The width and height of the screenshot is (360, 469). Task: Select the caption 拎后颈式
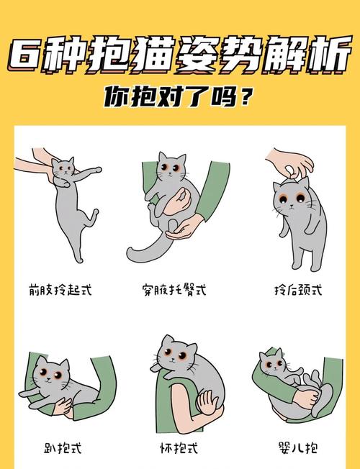tap(297, 291)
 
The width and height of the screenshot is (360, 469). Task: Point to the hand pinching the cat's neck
tap(292, 163)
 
